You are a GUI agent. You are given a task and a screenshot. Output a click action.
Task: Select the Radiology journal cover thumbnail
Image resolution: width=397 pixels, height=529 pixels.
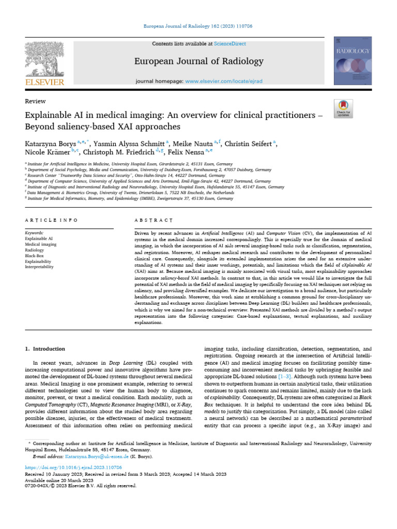353,61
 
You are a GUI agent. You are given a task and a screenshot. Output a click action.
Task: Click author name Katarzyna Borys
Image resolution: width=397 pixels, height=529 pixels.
50,143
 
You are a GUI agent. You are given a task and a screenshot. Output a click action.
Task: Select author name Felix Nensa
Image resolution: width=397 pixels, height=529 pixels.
184,152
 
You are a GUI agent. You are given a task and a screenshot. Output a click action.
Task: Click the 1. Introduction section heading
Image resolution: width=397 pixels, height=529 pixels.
45,335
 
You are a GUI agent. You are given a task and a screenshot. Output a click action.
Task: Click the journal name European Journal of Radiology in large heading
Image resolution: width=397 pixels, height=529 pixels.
198,61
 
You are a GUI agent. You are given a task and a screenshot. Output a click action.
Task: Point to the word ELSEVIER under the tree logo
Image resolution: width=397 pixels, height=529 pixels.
44,82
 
